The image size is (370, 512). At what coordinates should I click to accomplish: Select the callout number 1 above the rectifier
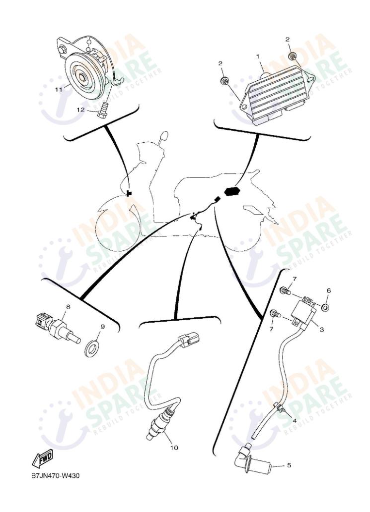tap(258, 57)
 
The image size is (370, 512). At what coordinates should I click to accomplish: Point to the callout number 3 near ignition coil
tap(321, 329)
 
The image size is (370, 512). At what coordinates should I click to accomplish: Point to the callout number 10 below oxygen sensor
tap(174, 448)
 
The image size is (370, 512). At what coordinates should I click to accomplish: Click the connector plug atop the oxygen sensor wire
tap(191, 341)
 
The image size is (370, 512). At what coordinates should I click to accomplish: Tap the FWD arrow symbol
tap(43, 460)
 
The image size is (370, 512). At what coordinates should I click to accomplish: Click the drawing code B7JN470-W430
tap(55, 476)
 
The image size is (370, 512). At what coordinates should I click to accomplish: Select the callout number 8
tap(68, 307)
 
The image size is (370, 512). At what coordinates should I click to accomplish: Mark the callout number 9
tap(103, 326)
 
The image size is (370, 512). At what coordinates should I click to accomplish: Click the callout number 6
tap(328, 291)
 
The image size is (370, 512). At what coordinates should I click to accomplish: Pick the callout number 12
tap(80, 110)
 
